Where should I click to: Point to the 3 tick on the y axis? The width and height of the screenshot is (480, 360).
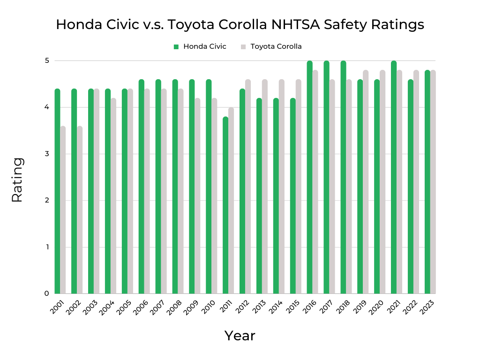47,154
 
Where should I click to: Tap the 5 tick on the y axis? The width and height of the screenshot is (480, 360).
47,60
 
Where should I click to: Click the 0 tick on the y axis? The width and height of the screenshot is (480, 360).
47,293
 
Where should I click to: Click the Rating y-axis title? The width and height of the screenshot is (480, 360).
17,180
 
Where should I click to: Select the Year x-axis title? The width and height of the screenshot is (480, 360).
240,336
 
